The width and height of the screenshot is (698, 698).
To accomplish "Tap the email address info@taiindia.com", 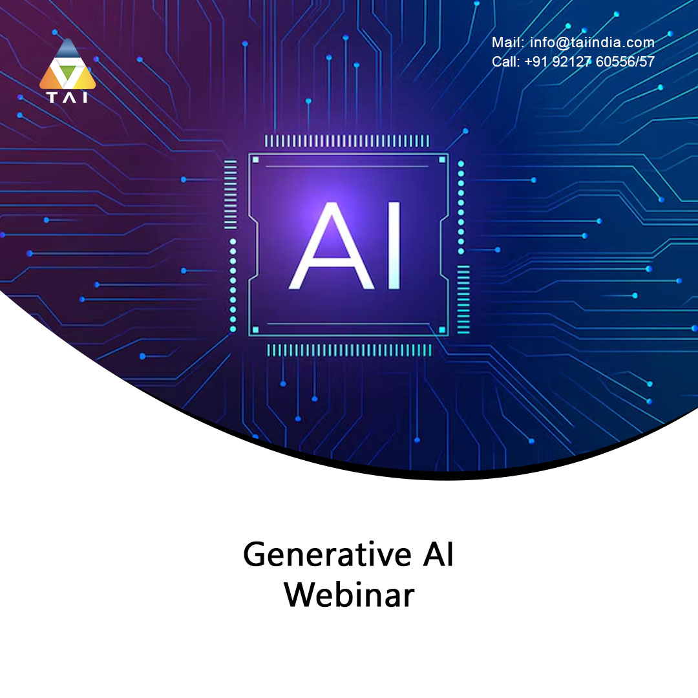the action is coord(592,42).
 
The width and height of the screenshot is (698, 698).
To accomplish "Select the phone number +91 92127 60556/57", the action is coord(589,61).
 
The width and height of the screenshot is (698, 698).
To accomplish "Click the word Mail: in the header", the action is coord(508,42).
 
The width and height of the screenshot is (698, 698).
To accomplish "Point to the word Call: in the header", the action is coord(505,61).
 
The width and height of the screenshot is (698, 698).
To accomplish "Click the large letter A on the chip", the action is coord(332,246).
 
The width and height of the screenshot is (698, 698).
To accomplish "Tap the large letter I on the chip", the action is coord(394,246).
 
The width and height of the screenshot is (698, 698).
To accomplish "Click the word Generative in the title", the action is coord(327,555).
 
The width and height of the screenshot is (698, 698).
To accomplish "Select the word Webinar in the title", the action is coord(349,595).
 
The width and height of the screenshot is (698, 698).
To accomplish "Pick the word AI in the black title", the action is coord(438,555).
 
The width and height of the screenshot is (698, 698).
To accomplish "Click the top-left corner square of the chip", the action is coord(255,160).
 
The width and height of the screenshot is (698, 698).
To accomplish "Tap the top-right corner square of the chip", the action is coord(442,160).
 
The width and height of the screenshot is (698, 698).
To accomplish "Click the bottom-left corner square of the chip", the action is coord(255,330).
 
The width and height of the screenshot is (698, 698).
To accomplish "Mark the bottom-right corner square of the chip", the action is coord(442,330).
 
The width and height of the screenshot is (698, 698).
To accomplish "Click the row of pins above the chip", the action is coord(347,141).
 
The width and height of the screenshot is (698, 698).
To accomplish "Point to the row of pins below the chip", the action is coord(349,350).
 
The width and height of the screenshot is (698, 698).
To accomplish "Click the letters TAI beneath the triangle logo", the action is coord(67,97).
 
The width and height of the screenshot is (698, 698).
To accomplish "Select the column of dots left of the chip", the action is coord(233,286).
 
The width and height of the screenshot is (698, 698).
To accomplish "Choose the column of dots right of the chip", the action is coord(461,207).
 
